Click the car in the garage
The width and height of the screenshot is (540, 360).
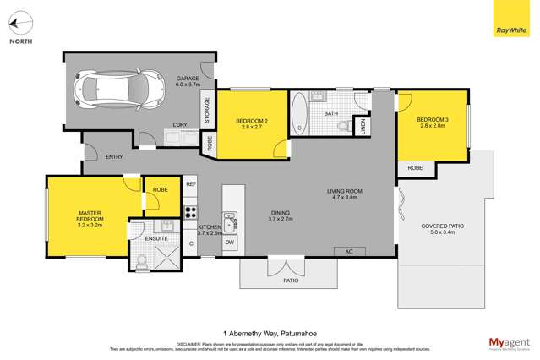119,87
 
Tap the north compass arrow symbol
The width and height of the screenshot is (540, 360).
21,25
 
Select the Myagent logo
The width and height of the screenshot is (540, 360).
510,342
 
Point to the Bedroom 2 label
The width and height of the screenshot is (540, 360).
251,126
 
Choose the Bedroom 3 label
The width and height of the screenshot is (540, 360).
432,123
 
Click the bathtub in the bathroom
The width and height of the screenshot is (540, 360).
299,115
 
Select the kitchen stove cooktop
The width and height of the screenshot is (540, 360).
191,212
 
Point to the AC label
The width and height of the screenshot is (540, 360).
348,251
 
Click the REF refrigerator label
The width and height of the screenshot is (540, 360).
191,184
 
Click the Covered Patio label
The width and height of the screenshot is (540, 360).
443,231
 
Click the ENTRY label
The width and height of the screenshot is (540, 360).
114,157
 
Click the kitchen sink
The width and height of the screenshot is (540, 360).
230,221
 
